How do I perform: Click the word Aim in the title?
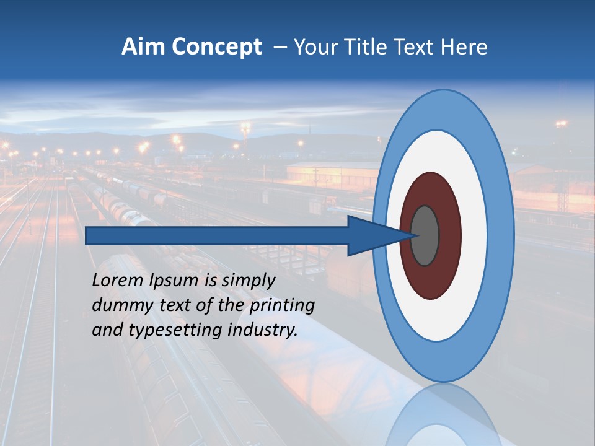click(143, 47)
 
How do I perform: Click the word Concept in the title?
click(217, 47)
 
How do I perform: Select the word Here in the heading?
click(464, 47)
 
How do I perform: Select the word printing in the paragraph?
click(282, 306)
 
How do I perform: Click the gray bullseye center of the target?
click(425, 235)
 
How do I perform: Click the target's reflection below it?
click(443, 418)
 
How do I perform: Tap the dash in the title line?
click(280, 47)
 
